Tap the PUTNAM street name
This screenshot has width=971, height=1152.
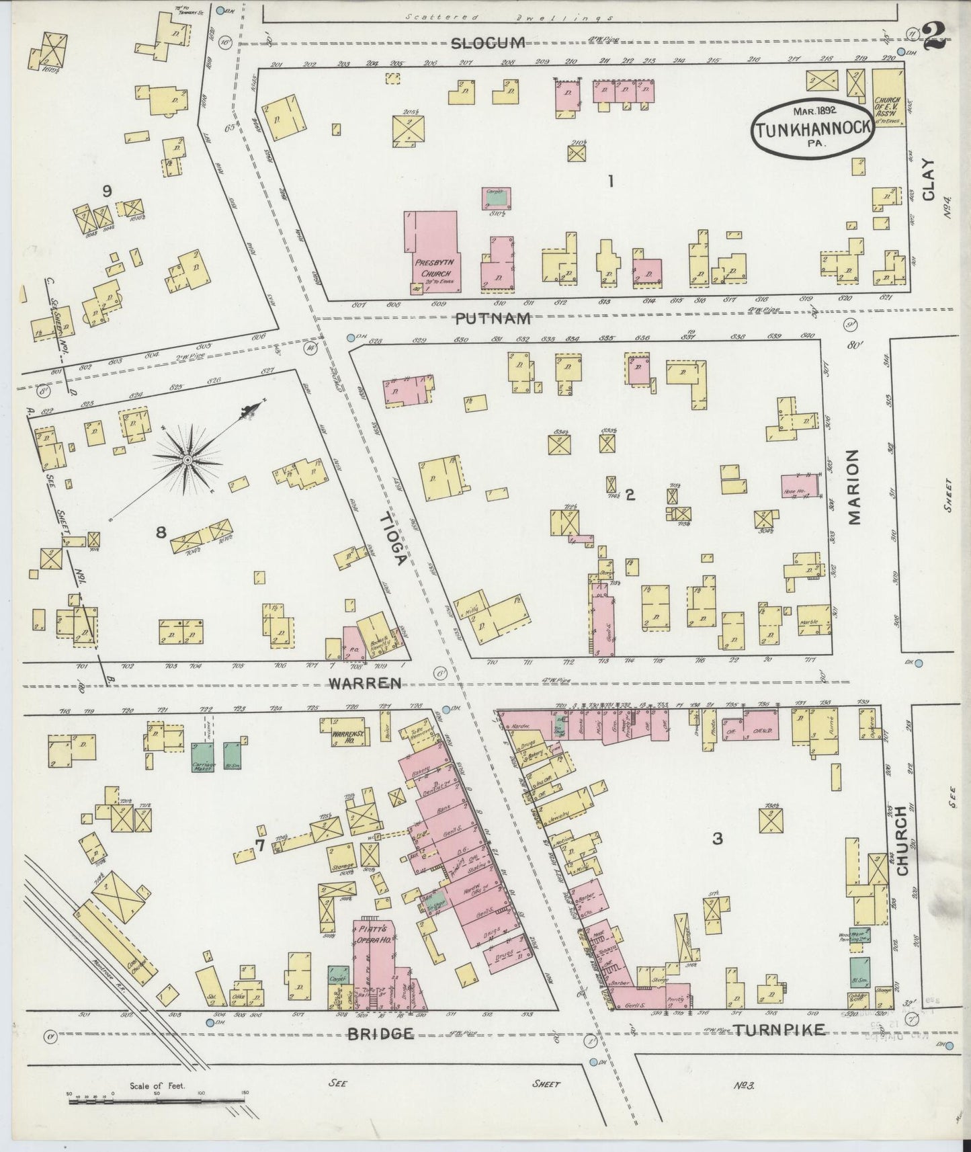coord(493,319)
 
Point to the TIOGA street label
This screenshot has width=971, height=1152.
coord(392,539)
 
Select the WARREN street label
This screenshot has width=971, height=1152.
coord(366,683)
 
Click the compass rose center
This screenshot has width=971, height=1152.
coord(187,460)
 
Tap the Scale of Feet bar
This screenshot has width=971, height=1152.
coord(156,1101)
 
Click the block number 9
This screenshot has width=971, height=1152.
coord(106,192)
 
